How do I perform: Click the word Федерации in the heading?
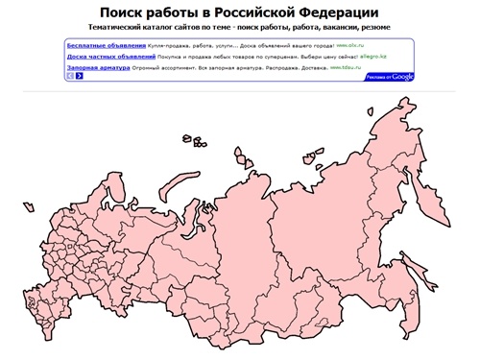point(349,12)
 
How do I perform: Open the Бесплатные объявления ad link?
point(107,45)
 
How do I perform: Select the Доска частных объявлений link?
point(111,57)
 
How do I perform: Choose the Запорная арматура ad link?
point(100,68)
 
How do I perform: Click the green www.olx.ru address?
point(352,46)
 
